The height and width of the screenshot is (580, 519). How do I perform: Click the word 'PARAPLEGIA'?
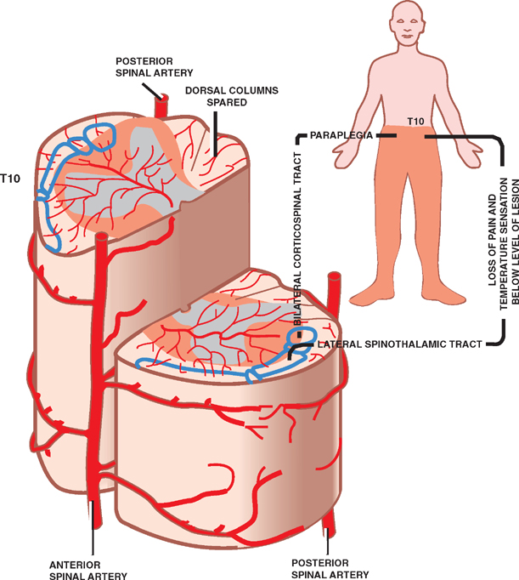tap(341, 134)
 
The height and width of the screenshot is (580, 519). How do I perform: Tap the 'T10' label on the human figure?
tap(415, 121)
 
